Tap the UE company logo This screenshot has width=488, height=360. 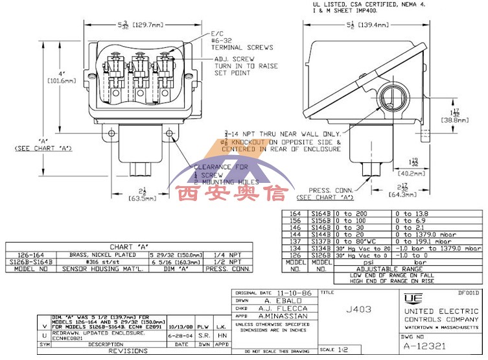click(411, 299)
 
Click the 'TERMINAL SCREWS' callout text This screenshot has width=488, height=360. click(242, 47)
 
